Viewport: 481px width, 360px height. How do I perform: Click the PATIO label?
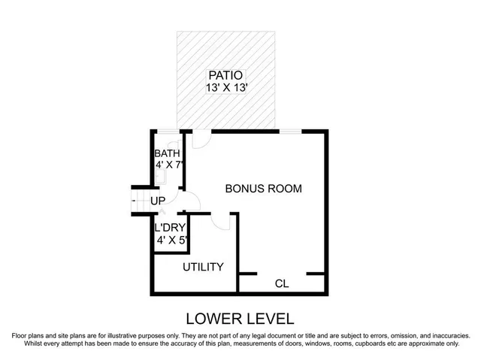226,75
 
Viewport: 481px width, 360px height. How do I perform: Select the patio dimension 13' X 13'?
226,88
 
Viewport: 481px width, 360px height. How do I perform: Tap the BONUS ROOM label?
264,189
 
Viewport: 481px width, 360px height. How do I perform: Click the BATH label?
168,154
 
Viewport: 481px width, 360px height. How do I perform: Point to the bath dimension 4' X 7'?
169,166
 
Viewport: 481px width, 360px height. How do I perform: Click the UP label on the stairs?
158,201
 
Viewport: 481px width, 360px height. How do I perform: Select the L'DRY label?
169,228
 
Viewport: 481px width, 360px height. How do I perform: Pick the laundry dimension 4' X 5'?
171,241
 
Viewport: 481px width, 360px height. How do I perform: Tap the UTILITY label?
203,267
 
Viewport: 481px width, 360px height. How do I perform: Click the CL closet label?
282,283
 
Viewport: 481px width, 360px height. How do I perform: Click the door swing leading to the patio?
200,139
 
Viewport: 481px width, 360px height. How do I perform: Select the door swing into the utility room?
221,221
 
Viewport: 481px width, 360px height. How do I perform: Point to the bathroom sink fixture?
160,178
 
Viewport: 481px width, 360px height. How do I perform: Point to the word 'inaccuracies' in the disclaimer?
448,335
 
